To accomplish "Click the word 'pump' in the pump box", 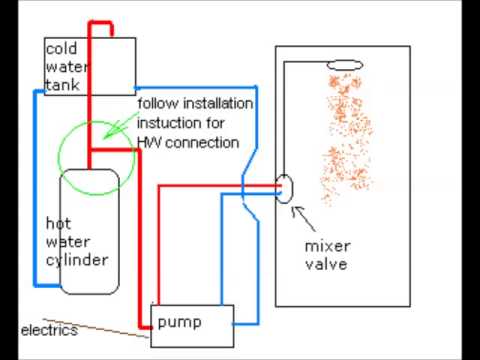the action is [179, 323].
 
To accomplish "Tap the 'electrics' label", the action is [49, 330].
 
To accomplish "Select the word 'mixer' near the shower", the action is [327, 246].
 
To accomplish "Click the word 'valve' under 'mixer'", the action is [326, 264].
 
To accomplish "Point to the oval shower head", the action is [345, 65].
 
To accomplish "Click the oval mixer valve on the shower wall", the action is [284, 189].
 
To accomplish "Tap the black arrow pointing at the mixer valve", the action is [303, 218].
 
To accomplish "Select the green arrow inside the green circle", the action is [120, 126].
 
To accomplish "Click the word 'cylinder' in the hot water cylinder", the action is [77, 261].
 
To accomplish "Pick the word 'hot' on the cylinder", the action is [58, 223].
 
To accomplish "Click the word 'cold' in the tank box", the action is [61, 49].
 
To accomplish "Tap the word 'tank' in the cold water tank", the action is [63, 85].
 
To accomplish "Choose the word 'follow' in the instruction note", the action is [158, 103].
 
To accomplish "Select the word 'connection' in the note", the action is [202, 143].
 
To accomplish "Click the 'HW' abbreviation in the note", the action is [149, 143].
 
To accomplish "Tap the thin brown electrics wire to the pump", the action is [97, 328].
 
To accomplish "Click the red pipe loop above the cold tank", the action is [101, 23].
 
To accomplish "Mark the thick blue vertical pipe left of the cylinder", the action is [35, 188].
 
